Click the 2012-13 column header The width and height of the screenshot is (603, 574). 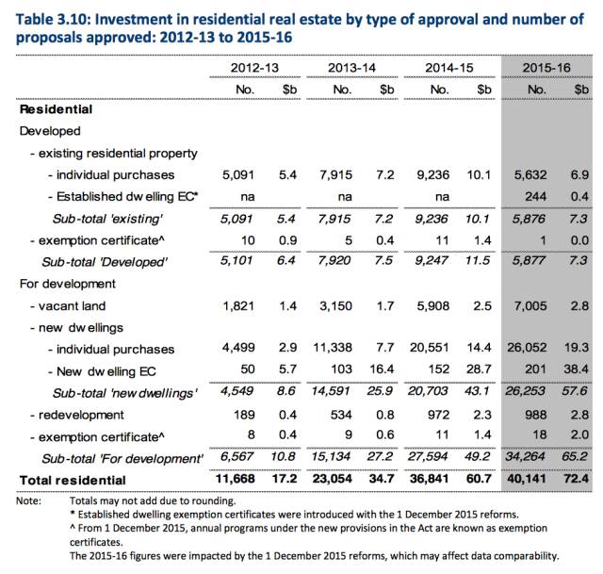click(254, 68)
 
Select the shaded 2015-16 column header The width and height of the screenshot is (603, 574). click(546, 68)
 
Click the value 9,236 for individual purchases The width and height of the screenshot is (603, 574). click(432, 175)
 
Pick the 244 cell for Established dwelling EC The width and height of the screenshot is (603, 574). click(535, 197)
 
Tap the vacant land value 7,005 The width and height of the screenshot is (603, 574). click(530, 306)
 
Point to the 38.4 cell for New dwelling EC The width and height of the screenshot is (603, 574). click(576, 369)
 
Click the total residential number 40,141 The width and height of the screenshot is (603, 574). click(527, 479)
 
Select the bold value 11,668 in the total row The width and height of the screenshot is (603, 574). click(235, 479)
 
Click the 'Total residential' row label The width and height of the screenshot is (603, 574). click(73, 480)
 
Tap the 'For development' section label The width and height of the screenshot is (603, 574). click(67, 284)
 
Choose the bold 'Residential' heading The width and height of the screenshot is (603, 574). click(57, 109)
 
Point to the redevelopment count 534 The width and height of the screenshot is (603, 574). click(341, 415)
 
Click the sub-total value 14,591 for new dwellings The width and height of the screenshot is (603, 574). click(331, 391)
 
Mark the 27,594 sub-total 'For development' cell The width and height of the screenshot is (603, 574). click(428, 457)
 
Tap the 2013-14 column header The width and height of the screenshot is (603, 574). click(351, 68)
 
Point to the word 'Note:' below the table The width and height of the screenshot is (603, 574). click(28, 500)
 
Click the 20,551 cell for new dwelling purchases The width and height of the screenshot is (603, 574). click(430, 348)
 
